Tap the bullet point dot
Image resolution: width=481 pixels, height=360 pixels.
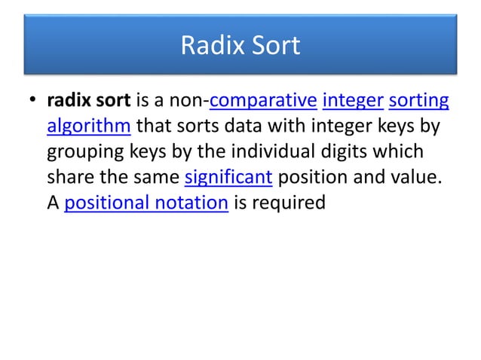[x=33, y=100]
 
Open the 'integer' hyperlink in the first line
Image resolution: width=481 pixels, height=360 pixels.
[x=352, y=100]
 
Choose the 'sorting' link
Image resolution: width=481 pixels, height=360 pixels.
[x=418, y=100]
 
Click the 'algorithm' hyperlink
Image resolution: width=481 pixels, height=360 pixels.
[x=89, y=126]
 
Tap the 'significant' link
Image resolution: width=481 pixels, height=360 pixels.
[x=228, y=178]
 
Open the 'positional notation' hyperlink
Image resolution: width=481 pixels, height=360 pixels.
[x=147, y=203]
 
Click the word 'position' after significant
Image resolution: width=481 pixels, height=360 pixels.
[x=313, y=178]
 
